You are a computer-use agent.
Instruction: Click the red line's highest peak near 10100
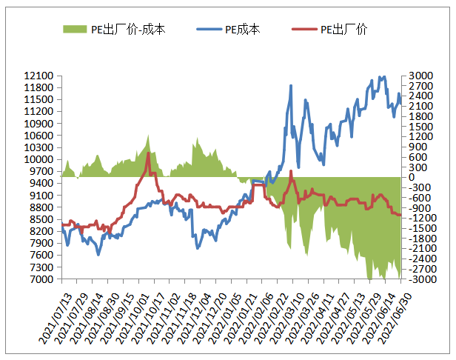coord(149,153)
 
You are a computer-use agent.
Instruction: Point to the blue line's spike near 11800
coord(290,86)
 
